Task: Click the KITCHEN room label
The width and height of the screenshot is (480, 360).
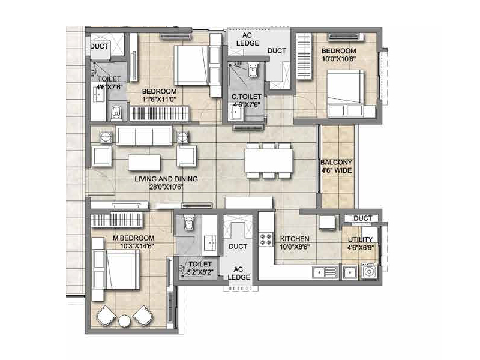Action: click(294, 239)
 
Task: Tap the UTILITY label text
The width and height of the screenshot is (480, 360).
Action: click(361, 239)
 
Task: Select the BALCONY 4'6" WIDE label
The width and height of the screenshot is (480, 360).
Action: click(336, 166)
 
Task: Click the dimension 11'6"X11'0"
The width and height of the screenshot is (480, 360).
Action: click(159, 100)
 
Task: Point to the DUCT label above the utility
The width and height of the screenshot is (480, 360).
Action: click(362, 218)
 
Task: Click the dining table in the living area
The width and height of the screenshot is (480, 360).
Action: click(268, 161)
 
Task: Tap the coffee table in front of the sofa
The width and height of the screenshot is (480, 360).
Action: click(144, 162)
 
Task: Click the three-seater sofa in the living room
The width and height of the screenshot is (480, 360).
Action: click(144, 136)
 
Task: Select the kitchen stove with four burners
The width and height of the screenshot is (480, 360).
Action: click(266, 241)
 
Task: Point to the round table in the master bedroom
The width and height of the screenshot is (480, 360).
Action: click(125, 321)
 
